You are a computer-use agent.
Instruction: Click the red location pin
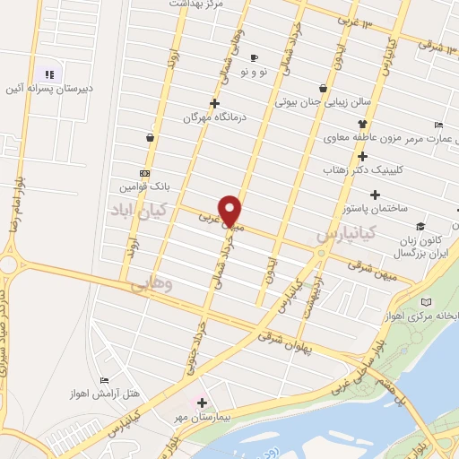tap(230, 209)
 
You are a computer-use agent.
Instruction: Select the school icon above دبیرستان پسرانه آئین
tap(49, 74)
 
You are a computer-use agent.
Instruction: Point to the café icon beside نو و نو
tap(254, 56)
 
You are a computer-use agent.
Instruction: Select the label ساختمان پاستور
tap(375, 208)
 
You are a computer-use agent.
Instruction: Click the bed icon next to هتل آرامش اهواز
tap(104, 381)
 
